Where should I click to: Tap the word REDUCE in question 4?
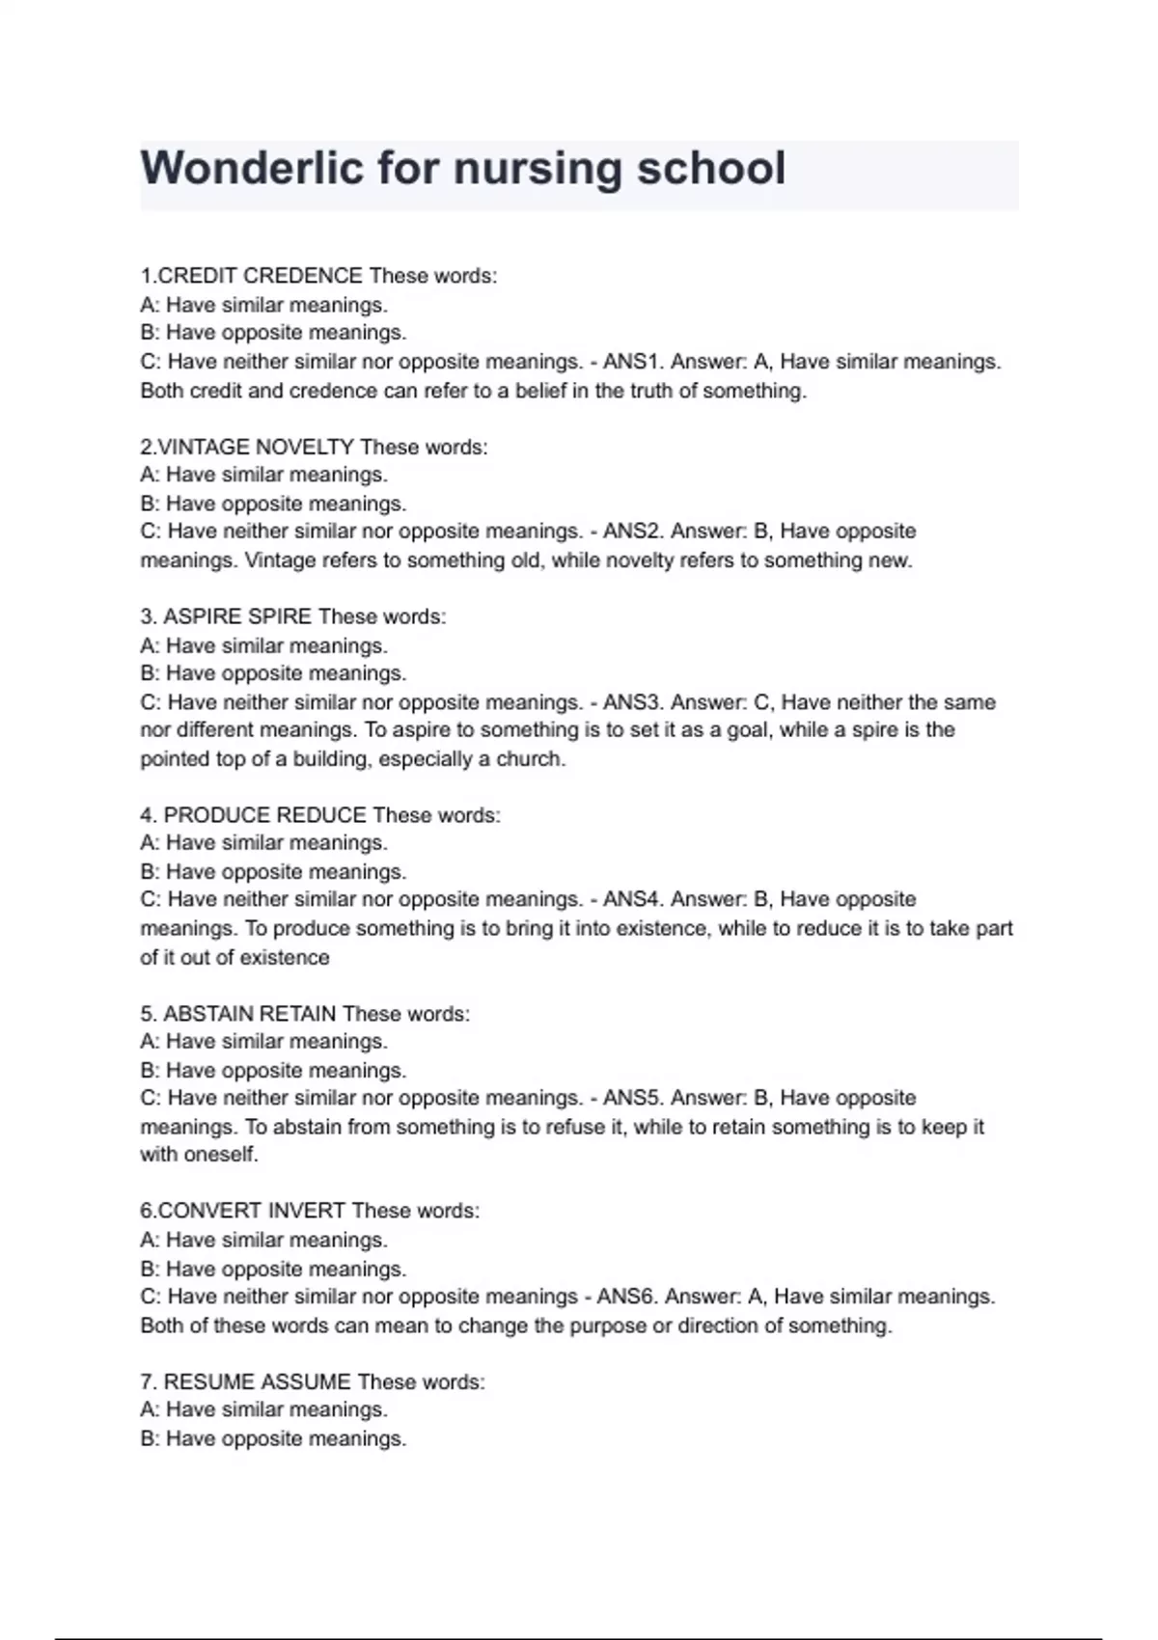pos(321,815)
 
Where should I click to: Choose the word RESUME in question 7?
pos(209,1382)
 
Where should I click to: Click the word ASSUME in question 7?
pos(306,1382)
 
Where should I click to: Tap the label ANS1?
pos(631,362)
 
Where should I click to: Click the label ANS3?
pos(631,702)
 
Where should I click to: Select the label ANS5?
pos(631,1098)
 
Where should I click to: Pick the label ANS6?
pos(625,1297)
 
